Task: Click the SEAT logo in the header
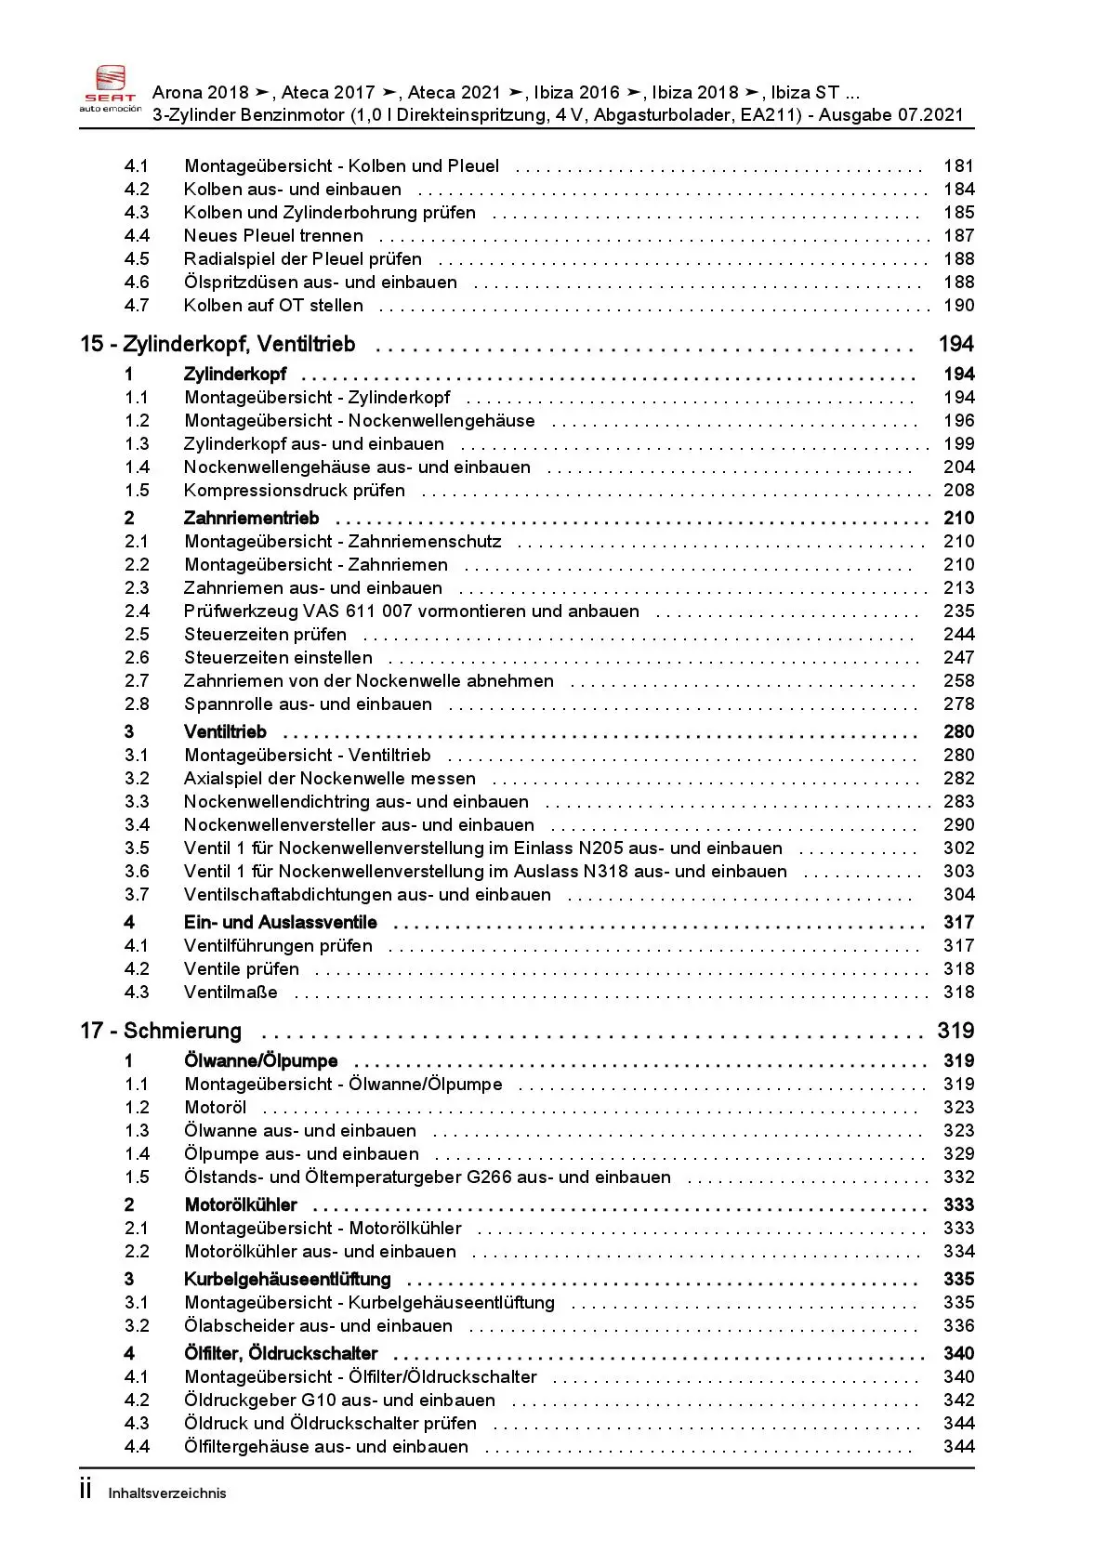(x=111, y=89)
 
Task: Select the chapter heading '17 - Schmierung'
(x=161, y=1031)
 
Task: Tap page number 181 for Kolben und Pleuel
(x=958, y=166)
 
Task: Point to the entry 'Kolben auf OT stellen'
(x=273, y=306)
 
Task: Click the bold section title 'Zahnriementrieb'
(x=251, y=519)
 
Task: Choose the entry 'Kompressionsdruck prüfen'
(x=294, y=491)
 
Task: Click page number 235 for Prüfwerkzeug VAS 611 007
(x=958, y=612)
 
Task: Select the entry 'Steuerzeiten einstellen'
(x=278, y=658)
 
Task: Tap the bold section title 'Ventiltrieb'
(x=225, y=732)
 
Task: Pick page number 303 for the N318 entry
(x=958, y=872)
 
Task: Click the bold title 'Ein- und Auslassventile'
(x=280, y=923)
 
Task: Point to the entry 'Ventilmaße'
(x=231, y=993)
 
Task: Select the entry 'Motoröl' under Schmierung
(x=215, y=1108)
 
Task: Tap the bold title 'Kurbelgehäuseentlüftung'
(x=287, y=1280)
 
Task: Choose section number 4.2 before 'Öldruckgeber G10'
(x=137, y=1401)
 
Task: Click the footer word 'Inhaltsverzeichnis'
(x=167, y=1493)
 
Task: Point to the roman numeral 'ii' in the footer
(x=86, y=1490)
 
